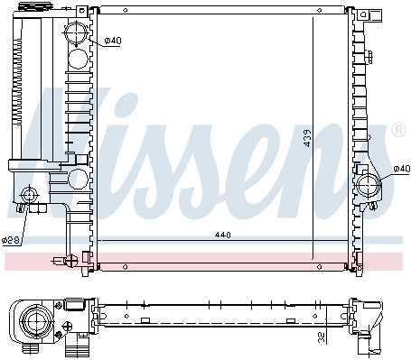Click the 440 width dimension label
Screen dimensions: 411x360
pyautogui.click(x=223, y=235)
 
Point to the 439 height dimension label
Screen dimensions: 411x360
pyautogui.click(x=307, y=138)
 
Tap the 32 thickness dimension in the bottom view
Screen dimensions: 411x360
pyautogui.click(x=322, y=337)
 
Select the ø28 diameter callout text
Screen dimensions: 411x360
pyautogui.click(x=11, y=240)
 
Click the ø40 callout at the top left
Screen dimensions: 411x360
pyautogui.click(x=113, y=41)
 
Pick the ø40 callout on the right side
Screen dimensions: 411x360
pyautogui.click(x=402, y=169)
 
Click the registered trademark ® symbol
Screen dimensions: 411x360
pyautogui.click(x=398, y=129)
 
